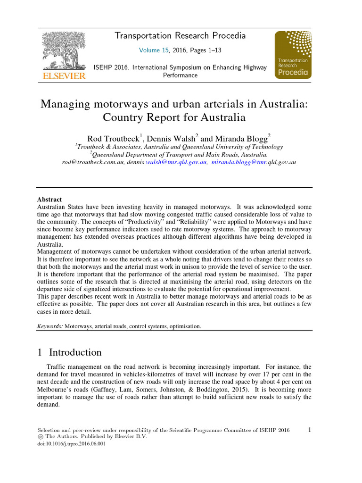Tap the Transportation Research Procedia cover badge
tap(293, 54)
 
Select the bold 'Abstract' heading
tap(49, 200)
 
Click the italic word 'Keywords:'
tap(50, 326)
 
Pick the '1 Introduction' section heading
tap(69, 352)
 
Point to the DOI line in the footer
tap(71, 444)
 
